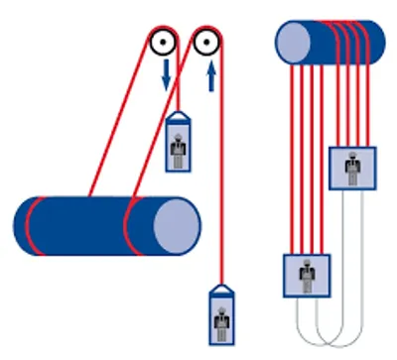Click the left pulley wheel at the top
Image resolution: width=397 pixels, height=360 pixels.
point(162,43)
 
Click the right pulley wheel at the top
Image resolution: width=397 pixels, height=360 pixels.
point(207,43)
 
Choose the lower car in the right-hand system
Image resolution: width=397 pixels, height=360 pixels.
point(307,275)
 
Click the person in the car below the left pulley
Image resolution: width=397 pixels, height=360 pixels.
point(180,148)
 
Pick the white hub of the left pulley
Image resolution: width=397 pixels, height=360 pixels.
point(162,43)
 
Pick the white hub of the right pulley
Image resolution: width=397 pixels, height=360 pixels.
point(207,43)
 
